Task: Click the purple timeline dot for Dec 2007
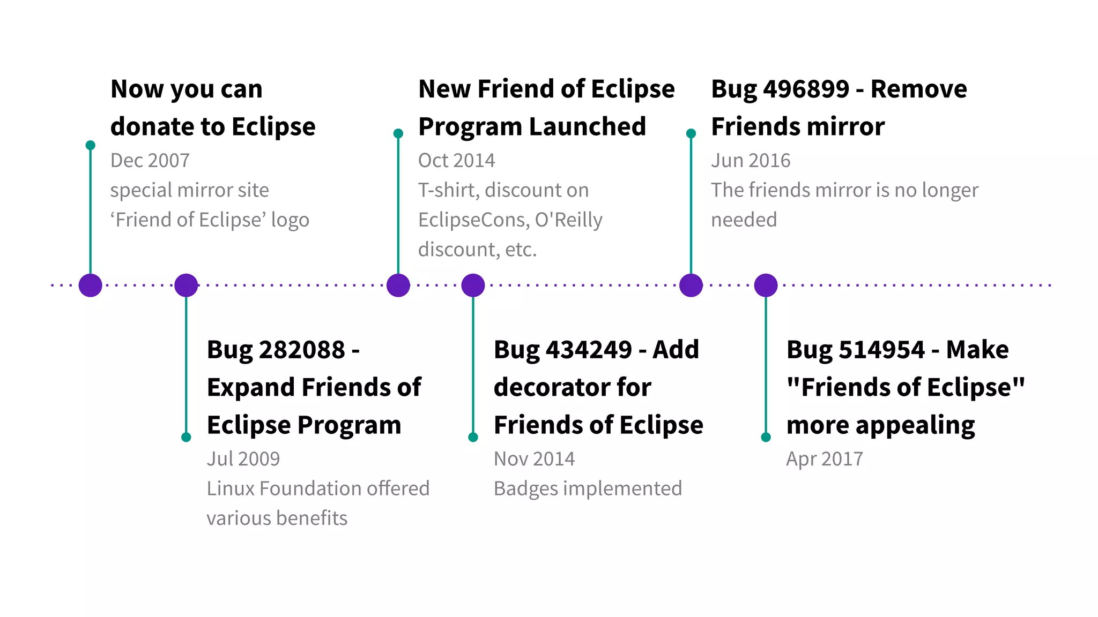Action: [90, 285]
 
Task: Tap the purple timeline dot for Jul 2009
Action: [186, 285]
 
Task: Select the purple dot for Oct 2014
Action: [398, 285]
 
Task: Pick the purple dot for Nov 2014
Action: [473, 285]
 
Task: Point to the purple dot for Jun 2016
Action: [691, 285]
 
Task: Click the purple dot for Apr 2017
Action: [766, 285]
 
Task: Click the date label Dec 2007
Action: [150, 160]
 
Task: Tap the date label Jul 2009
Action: [243, 458]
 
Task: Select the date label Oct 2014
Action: [456, 160]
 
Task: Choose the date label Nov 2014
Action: [534, 458]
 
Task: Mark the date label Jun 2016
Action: [751, 160]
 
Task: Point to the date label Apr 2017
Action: [825, 458]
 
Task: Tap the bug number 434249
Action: [589, 350]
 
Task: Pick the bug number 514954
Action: [881, 350]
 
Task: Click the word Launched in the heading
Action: [588, 127]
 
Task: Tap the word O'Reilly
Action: [568, 220]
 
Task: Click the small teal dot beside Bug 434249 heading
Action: [473, 437]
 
